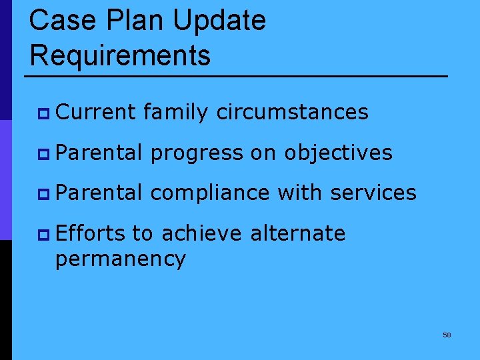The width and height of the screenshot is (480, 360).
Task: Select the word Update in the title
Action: coord(219,21)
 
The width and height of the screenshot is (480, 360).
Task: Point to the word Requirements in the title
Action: coord(120,55)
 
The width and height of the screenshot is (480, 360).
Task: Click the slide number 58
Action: coord(447,335)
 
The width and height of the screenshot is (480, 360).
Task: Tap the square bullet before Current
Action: coord(45,113)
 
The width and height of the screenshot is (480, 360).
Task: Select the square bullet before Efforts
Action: coord(45,235)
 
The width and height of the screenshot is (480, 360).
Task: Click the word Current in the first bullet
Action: coord(96,112)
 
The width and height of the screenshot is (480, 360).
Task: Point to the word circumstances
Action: coord(292,112)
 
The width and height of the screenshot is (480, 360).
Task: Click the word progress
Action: coord(197,153)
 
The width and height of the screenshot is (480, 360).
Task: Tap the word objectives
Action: coord(338,153)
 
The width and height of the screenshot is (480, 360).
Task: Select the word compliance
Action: coord(210,193)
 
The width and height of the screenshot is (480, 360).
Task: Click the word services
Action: coord(373,193)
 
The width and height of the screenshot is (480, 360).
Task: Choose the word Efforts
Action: coord(91,233)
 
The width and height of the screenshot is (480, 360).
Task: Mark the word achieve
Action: coord(201,233)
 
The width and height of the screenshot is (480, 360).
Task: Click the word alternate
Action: coord(297,233)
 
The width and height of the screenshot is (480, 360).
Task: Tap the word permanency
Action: coord(120,259)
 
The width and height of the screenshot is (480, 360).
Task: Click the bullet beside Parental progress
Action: coord(45,154)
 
